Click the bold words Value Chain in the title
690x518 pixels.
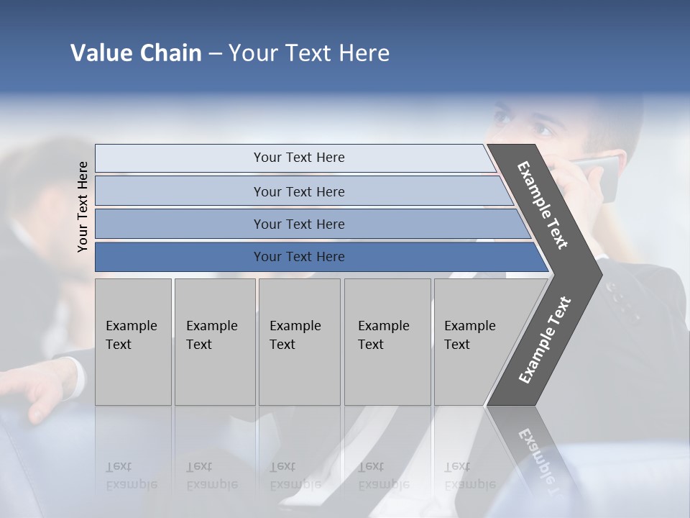click(x=136, y=53)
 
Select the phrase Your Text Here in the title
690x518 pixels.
click(x=309, y=53)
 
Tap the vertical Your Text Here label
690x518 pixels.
click(x=83, y=206)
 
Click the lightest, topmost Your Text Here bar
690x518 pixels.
click(x=298, y=158)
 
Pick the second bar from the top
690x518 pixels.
click(x=298, y=191)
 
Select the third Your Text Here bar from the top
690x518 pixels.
click(x=298, y=224)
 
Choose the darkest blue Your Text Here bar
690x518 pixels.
click(x=298, y=257)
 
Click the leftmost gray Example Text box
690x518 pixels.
click(x=133, y=342)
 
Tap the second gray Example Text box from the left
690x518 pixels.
click(x=214, y=342)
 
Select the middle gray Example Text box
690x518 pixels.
click(x=299, y=342)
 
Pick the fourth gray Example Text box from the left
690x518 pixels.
click(x=387, y=342)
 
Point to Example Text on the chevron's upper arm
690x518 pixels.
click(x=543, y=205)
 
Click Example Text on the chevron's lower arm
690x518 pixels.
click(x=545, y=340)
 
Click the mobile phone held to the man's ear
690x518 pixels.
click(x=602, y=176)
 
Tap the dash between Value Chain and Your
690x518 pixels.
click(x=215, y=54)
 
